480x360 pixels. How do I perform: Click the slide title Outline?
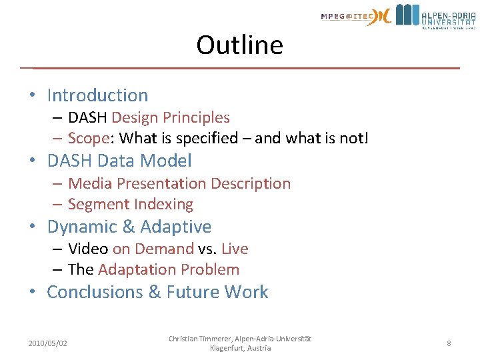point(239,45)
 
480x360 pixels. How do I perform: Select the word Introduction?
point(97,95)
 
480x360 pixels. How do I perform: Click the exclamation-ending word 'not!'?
point(353,138)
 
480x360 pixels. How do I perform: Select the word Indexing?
point(163,204)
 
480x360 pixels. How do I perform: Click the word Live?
point(235,249)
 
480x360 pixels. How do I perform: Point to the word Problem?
point(209,269)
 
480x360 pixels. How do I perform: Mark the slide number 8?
point(449,343)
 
